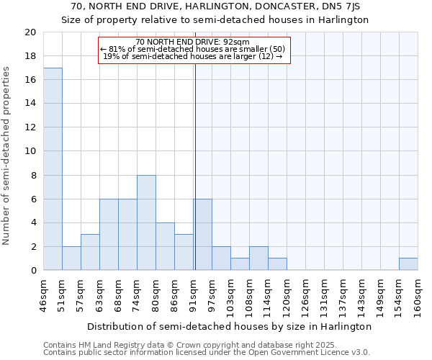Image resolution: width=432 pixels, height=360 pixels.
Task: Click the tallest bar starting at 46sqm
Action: point(53,168)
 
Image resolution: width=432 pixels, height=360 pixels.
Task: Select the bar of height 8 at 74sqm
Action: point(146,222)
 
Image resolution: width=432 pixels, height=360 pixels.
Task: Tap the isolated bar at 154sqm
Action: point(408,264)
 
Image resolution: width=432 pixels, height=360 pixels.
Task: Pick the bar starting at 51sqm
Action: point(71,258)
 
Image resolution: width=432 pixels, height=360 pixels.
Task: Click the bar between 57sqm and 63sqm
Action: point(90,252)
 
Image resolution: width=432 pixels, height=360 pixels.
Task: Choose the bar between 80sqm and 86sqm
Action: point(165,246)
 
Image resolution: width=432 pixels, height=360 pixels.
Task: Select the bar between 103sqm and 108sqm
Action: point(240,264)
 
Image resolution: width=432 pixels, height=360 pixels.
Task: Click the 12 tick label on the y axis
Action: point(30,127)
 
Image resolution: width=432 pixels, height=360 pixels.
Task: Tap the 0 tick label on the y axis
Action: point(33,270)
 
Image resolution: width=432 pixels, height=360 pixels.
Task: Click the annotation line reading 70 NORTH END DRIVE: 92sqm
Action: point(192,42)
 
